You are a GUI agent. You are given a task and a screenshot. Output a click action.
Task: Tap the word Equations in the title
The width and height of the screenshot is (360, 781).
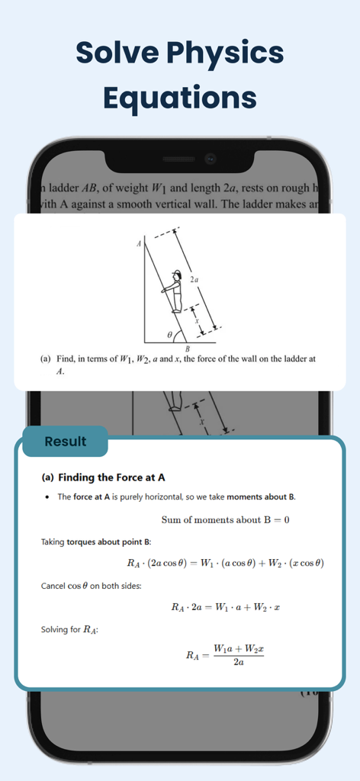(179, 98)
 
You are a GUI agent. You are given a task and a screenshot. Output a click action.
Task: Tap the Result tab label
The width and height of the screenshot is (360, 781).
(66, 442)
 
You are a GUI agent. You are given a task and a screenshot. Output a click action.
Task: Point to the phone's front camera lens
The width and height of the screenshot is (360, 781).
(210, 159)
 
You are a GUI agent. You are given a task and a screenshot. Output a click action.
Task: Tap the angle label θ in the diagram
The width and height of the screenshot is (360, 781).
(169, 334)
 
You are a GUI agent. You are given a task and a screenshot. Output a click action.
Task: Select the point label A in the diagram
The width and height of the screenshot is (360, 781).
(139, 244)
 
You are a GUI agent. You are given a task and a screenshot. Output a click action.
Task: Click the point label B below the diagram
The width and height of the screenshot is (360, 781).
(188, 349)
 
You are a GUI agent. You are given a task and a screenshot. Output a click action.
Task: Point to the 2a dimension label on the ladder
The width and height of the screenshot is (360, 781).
(194, 280)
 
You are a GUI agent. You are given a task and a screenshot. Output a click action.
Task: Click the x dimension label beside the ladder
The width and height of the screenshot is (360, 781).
(197, 321)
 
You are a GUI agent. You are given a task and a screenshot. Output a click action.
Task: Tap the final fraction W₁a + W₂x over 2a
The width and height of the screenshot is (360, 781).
(239, 654)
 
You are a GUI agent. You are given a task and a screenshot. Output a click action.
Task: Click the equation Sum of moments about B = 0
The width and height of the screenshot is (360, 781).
(225, 520)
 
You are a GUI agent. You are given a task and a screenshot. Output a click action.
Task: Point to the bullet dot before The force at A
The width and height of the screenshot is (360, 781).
(47, 497)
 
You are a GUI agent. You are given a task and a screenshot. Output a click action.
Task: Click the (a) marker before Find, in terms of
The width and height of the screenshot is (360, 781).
(47, 358)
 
